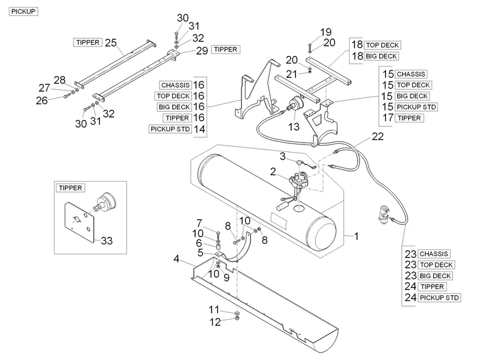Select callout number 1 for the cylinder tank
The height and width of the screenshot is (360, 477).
(x=356, y=236)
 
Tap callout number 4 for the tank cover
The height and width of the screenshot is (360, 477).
(x=178, y=258)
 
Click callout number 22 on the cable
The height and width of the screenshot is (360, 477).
(x=377, y=136)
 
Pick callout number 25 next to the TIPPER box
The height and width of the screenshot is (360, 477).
(x=111, y=42)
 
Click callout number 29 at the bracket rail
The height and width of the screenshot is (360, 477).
(x=201, y=51)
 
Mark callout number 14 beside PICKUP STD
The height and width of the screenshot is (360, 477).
(x=200, y=129)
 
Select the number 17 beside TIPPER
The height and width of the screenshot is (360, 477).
(x=388, y=118)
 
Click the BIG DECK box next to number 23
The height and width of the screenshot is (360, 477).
(x=435, y=276)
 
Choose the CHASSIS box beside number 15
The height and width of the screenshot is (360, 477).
(x=411, y=74)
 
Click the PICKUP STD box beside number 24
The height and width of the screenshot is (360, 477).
(x=439, y=298)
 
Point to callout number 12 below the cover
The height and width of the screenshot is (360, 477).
(x=215, y=322)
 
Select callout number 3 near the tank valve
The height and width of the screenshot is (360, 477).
(x=282, y=156)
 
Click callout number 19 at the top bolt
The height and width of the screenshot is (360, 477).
(x=325, y=31)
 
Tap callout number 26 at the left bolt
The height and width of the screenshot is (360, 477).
(x=41, y=100)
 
